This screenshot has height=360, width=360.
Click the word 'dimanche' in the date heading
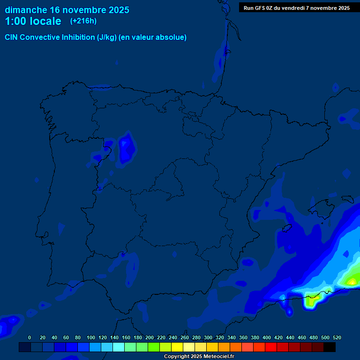coord(25,10)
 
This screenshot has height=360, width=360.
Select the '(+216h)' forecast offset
coord(83,21)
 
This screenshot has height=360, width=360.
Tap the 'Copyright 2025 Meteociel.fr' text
coord(199,356)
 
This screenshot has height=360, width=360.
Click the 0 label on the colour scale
coord(30,337)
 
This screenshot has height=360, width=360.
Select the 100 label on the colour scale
coord(91,337)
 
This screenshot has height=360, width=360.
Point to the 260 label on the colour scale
coord(185,337)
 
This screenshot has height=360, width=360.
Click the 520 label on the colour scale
coord(337,337)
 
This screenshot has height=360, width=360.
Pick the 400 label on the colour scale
coord(267,337)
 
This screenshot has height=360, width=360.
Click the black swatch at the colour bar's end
coord(330,347)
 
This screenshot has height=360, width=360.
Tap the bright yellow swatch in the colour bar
coord(177,347)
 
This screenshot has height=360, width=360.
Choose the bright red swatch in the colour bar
coord(271,347)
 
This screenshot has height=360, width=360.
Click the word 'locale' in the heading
coord(45,21)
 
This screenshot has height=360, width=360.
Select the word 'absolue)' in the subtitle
coord(170,37)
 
